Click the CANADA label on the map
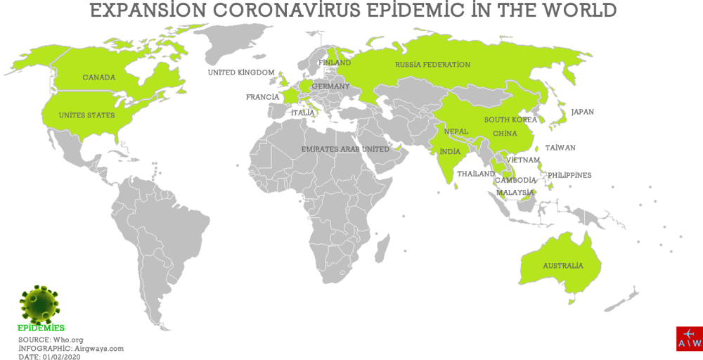tap(98, 77)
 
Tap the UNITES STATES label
tap(86, 115)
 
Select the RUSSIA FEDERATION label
tap(432, 65)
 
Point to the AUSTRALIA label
tap(562, 266)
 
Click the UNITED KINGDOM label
tap(241, 72)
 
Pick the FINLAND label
tap(335, 63)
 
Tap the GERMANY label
tap(330, 86)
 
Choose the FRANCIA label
tap(262, 97)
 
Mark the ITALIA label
tap(303, 112)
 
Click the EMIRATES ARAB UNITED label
tap(345, 149)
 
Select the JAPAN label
tap(583, 111)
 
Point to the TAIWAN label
tap(560, 148)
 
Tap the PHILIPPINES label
tap(569, 175)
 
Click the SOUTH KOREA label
tap(510, 120)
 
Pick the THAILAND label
tap(476, 173)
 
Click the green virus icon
tap(39, 304)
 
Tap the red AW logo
tap(689, 338)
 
